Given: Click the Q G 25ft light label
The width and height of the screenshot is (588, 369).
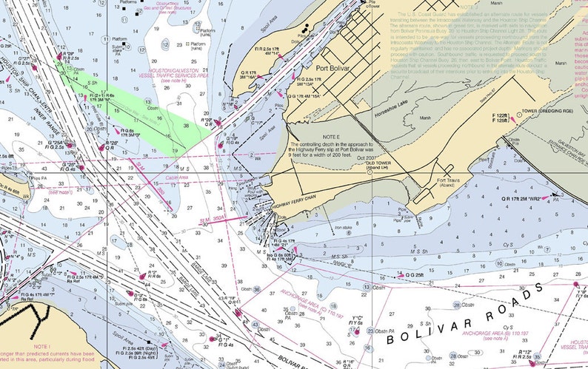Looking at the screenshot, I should (415, 275).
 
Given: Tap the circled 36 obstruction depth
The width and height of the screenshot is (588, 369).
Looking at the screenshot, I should (256, 289).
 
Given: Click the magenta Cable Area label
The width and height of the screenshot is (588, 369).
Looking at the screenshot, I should (177, 177).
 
